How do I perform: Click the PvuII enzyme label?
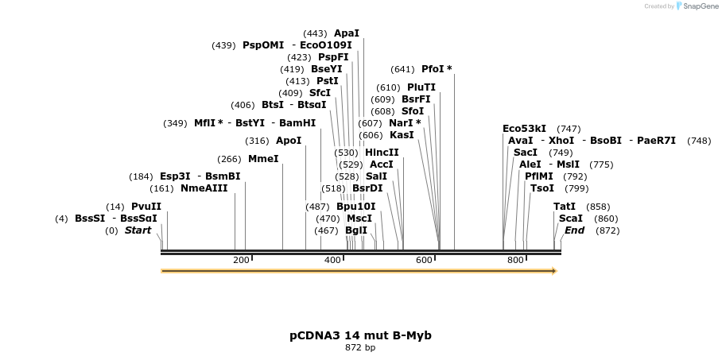point(146,207)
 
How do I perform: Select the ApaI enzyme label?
point(347,33)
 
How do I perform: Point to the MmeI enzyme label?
point(263,159)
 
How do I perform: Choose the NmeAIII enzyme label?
point(204,188)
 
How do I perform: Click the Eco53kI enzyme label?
point(525,129)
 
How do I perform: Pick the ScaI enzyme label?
point(570,219)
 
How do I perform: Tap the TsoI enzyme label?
point(542,188)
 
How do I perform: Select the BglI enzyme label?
point(356,230)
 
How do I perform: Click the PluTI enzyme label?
point(421,87)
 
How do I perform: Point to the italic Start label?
point(138,230)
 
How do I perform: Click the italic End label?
point(574,230)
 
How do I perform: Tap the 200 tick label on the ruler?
point(241,261)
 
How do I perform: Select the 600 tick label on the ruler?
point(424,261)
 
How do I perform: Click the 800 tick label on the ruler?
point(515,261)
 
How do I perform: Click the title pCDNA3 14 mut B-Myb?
point(360,335)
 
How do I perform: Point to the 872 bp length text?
point(360,348)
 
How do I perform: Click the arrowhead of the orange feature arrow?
point(553,271)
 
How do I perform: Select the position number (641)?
point(403,69)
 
